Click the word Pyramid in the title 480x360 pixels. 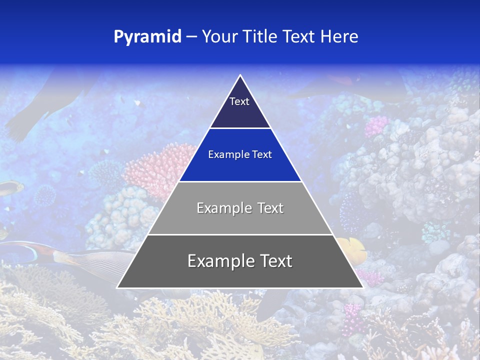pos(147,37)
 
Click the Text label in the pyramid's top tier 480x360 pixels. pos(239,101)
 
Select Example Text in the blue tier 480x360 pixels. pos(240,154)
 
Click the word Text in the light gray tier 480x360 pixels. pos(270,208)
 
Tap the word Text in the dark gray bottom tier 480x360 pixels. pos(275,261)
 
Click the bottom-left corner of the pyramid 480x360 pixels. pos(117,287)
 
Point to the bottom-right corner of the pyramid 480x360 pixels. pos(362,287)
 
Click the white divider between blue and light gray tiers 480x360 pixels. pos(240,181)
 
